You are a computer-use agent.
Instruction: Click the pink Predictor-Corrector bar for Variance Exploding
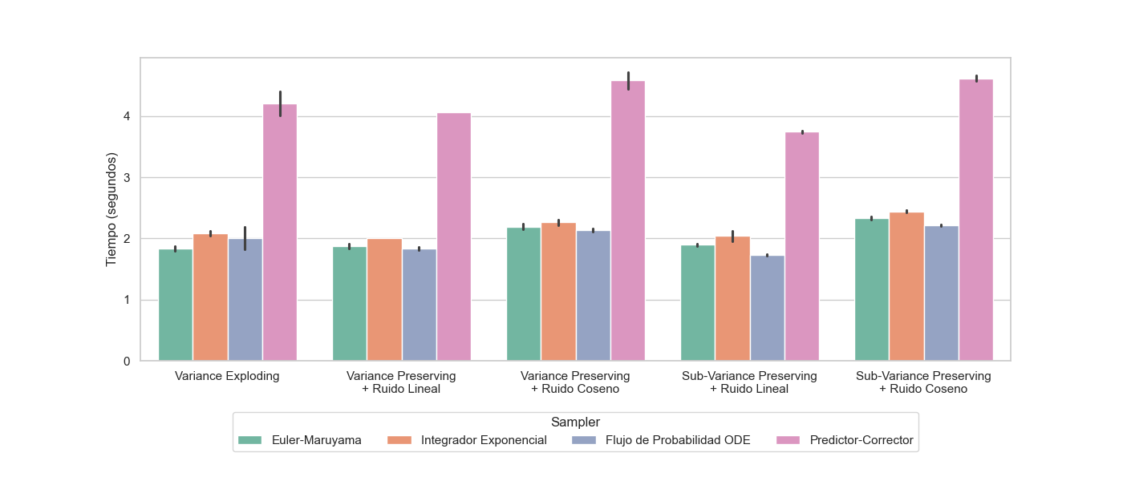280,232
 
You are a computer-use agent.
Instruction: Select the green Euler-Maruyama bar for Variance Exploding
176,305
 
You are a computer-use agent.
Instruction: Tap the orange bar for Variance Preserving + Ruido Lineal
384,300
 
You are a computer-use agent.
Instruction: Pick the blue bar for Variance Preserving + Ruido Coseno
594,296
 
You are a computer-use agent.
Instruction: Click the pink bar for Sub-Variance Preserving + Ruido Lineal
802,246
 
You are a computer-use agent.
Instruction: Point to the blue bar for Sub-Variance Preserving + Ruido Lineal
768,308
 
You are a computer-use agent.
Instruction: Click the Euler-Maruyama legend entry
301,440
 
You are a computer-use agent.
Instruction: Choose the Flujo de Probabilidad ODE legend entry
661,440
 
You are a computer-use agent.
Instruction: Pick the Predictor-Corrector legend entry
845,440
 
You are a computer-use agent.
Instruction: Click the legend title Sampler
575,422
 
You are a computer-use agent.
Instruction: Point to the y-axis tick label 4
127,117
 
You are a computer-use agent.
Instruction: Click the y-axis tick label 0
127,362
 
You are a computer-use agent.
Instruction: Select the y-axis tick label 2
127,239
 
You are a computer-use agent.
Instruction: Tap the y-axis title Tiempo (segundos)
112,209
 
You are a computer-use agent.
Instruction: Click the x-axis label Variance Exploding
227,376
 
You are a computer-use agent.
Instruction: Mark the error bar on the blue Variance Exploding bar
245,238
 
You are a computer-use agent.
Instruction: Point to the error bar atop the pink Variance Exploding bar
280,103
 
